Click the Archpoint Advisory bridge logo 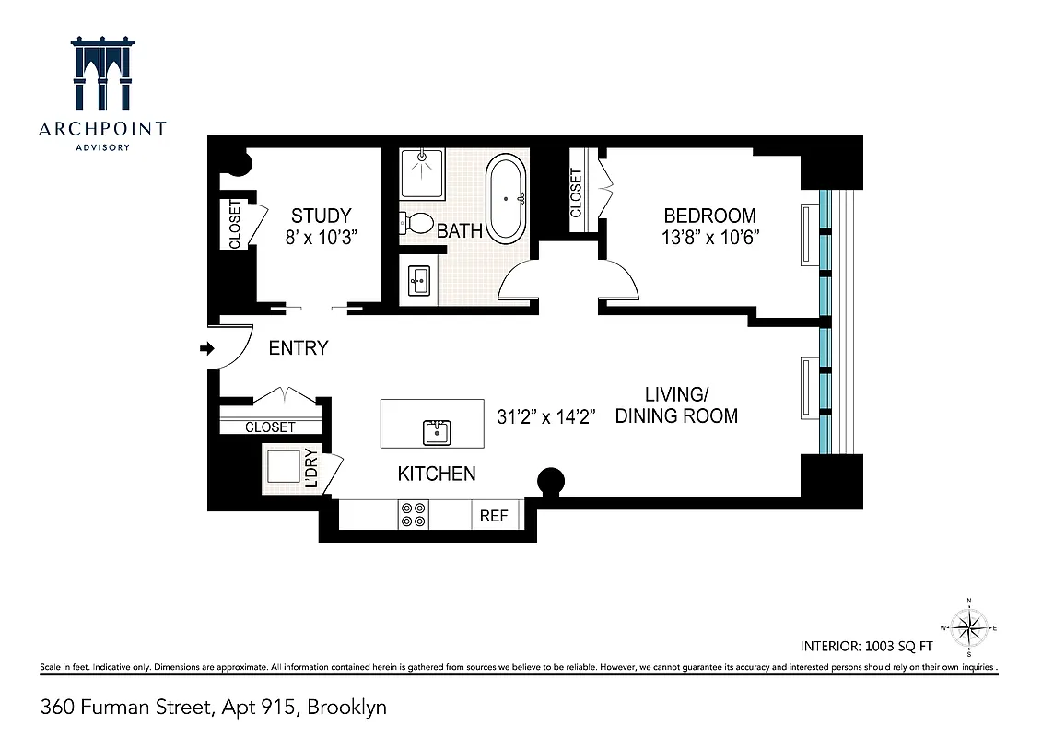tap(102, 75)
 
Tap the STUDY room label tap(321, 216)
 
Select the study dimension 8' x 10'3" tap(321, 236)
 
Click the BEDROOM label tap(709, 216)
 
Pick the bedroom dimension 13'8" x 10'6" tap(709, 236)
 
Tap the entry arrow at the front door tap(207, 348)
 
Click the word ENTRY tap(298, 348)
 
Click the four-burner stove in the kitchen tap(414, 514)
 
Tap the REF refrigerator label tap(494, 516)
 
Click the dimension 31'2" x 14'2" tap(547, 416)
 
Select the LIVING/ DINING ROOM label tap(676, 405)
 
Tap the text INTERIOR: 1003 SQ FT tap(872, 645)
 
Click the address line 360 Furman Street tap(214, 708)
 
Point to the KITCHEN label tap(437, 474)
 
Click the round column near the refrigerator tap(551, 481)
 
